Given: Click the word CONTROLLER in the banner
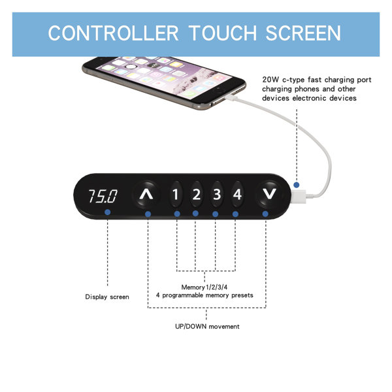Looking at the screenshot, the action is [x=113, y=33].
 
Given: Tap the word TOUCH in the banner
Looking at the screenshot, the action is [x=223, y=33].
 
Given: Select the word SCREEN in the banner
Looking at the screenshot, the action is [x=303, y=33].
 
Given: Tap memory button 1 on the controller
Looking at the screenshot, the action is [x=176, y=194].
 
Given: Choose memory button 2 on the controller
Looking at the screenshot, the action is [x=196, y=194].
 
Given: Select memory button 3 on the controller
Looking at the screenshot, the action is [x=216, y=194].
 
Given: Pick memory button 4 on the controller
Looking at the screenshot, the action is [x=237, y=194].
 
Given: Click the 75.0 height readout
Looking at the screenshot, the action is [x=103, y=196].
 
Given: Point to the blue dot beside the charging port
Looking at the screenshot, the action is [x=297, y=185].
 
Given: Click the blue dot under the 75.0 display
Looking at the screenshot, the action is [x=108, y=212].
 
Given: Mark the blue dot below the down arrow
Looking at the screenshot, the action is [x=265, y=214].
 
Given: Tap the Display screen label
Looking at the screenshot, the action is [x=107, y=297].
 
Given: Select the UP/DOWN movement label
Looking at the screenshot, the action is [x=207, y=327].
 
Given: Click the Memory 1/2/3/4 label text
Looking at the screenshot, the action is [x=204, y=287].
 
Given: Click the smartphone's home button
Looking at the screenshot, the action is [x=130, y=66].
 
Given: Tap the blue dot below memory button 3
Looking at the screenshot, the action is [x=215, y=214].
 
